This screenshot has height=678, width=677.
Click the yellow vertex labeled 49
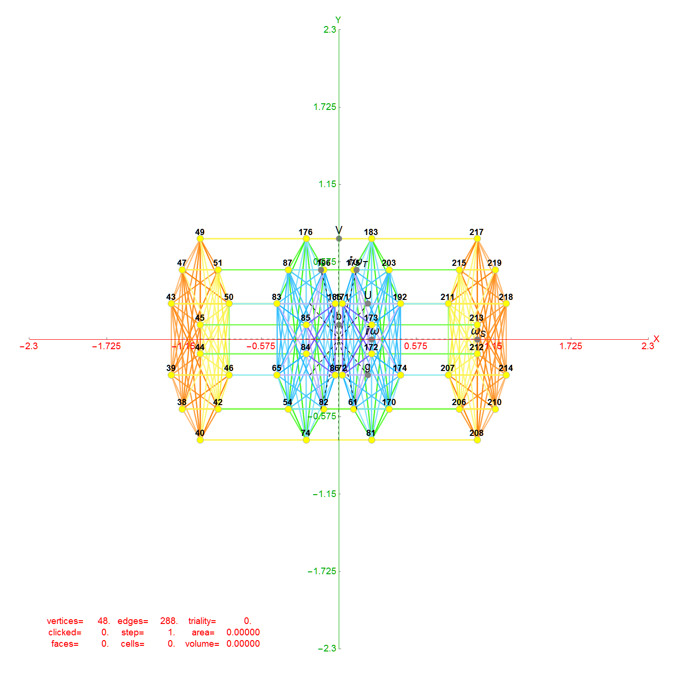tap(200, 239)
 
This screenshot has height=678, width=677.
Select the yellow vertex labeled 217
tap(477, 239)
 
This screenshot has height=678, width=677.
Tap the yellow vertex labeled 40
tap(200, 440)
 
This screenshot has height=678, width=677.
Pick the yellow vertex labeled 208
tap(477, 440)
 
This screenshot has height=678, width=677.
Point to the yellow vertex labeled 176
tap(306, 239)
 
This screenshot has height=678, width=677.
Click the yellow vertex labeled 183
tap(371, 239)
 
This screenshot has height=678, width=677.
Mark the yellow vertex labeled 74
tap(306, 440)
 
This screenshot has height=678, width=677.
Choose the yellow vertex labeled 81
tap(371, 440)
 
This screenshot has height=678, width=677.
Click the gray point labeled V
tap(339, 238)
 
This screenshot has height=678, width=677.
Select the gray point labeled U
tap(368, 303)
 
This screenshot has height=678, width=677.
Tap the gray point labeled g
tap(368, 375)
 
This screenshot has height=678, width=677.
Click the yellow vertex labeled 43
tap(171, 304)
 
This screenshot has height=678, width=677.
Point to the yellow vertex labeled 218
tap(506, 304)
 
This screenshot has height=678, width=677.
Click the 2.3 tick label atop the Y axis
tap(330, 30)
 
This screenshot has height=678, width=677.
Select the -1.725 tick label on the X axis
tap(106, 346)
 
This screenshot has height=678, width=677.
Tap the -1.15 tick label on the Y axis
tap(324, 494)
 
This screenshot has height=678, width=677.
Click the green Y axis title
tap(338, 20)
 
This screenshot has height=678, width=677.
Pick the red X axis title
tap(656, 339)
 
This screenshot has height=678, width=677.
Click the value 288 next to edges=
tap(169, 621)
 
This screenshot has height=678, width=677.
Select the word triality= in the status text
tap(202, 621)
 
